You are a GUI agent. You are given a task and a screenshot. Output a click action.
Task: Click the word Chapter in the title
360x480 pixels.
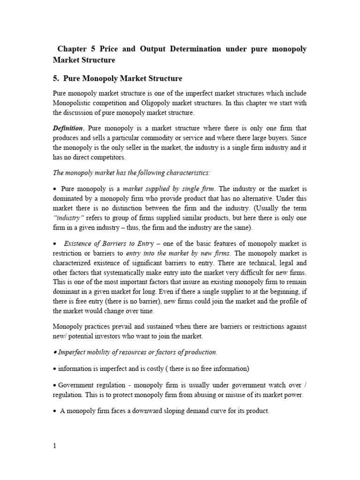(x=72, y=49)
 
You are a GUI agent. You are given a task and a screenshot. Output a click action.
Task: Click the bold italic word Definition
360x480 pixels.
(x=67, y=128)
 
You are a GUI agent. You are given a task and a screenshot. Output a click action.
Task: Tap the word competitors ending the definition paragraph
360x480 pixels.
(x=107, y=157)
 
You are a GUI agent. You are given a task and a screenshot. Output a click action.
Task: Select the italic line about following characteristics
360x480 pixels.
(x=132, y=172)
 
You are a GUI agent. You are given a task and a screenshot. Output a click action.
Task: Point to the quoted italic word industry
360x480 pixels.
(x=69, y=217)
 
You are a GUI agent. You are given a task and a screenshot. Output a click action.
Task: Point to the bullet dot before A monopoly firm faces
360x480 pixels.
(x=55, y=411)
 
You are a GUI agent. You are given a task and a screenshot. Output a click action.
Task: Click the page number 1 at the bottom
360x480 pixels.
(x=54, y=446)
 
